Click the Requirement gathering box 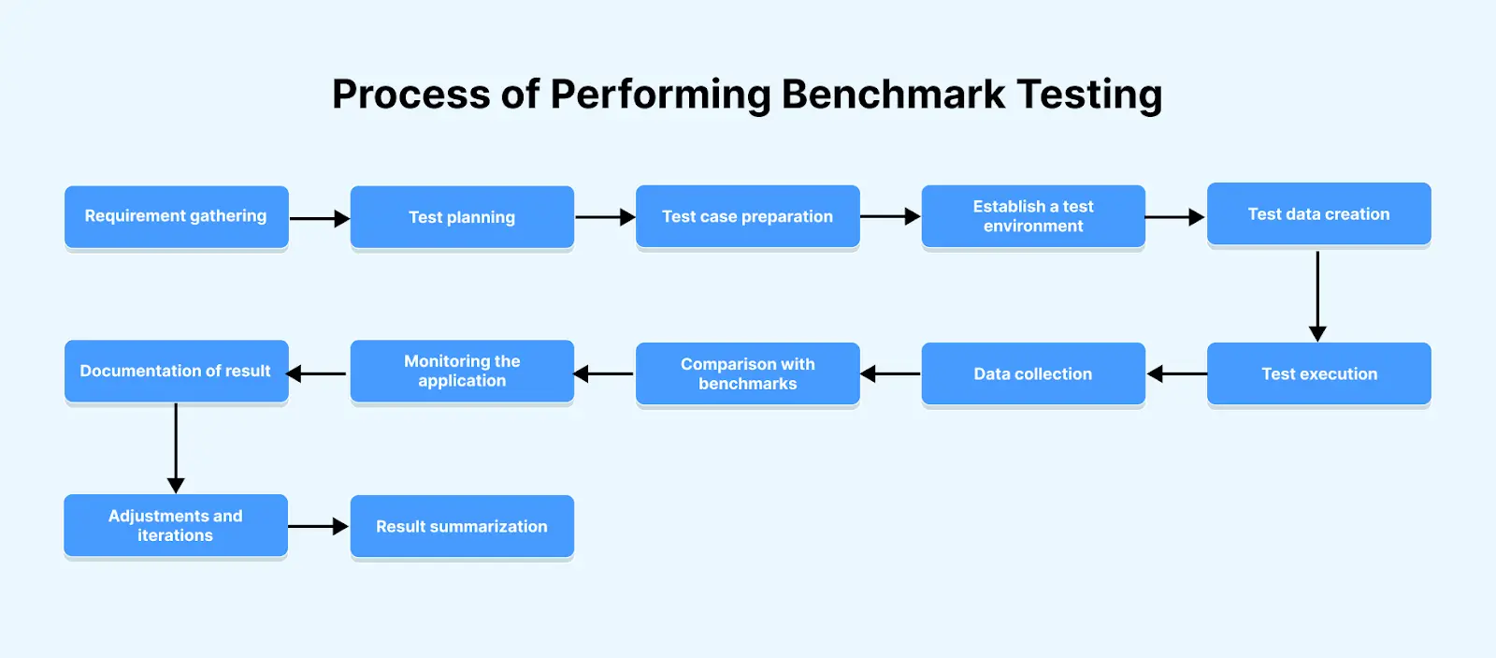tap(176, 216)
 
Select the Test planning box tap(462, 217)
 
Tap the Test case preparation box tap(747, 216)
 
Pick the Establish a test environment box tap(1033, 216)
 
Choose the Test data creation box tap(1318, 214)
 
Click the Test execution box tap(1318, 373)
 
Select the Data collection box tap(1033, 373)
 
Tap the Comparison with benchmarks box tap(747, 373)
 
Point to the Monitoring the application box tap(462, 371)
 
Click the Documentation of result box tap(176, 371)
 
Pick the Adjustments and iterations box tap(176, 526)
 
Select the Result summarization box tap(462, 527)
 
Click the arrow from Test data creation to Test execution tap(1317, 295)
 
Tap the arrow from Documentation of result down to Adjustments tap(176, 447)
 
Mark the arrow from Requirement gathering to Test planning tap(319, 218)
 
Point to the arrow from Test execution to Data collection tap(1176, 374)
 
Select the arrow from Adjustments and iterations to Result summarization tap(318, 527)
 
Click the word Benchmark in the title tap(893, 95)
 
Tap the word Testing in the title tap(1089, 95)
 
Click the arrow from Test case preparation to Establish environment tap(889, 216)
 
